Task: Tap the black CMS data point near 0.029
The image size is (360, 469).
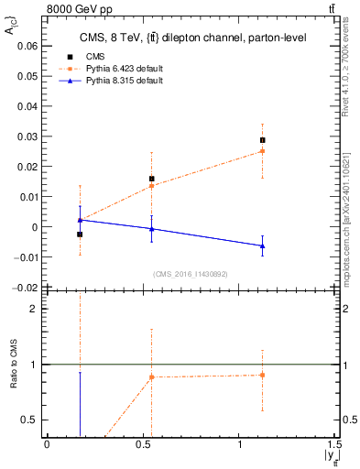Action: pyautogui.click(x=262, y=140)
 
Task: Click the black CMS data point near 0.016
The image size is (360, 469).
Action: pyautogui.click(x=152, y=179)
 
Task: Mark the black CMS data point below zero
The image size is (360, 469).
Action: pyautogui.click(x=80, y=234)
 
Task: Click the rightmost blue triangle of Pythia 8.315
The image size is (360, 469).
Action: pyautogui.click(x=262, y=245)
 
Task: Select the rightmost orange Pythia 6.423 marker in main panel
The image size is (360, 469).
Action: pyautogui.click(x=262, y=151)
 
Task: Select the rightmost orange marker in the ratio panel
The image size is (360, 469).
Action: pyautogui.click(x=262, y=375)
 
